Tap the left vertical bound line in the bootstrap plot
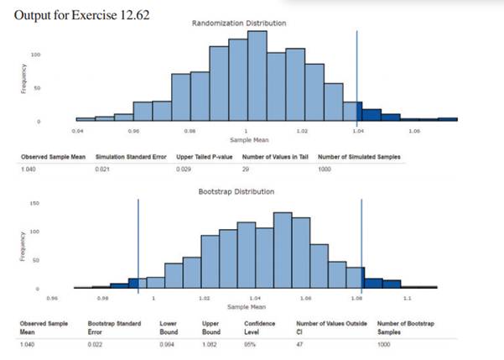[138, 243]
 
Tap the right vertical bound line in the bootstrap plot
[361, 243]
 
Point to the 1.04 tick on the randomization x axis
[357, 132]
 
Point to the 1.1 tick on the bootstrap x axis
[408, 299]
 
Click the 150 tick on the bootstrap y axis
[34, 203]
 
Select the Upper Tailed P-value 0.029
[184, 170]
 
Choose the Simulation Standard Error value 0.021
[103, 170]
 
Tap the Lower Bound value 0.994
[167, 343]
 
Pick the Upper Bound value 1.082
[210, 343]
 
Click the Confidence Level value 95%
[250, 343]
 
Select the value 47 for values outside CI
[301, 343]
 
